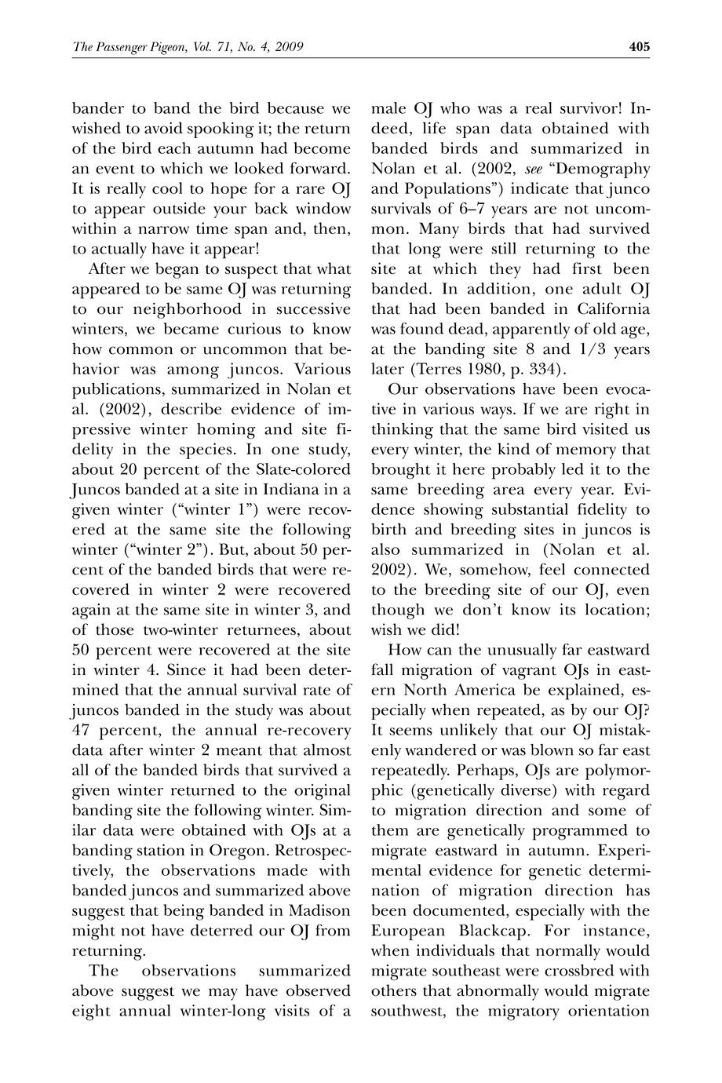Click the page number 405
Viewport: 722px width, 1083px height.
[639, 47]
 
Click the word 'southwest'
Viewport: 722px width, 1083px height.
[408, 1012]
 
